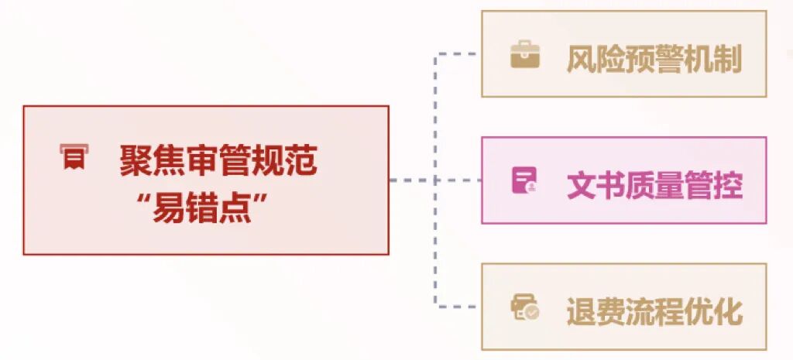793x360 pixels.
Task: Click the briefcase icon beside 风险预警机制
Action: pyautogui.click(x=524, y=56)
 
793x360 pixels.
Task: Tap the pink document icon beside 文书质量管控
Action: pyautogui.click(x=524, y=180)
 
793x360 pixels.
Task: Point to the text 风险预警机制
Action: pyautogui.click(x=654, y=59)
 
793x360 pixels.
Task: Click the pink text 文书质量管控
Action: pyautogui.click(x=654, y=185)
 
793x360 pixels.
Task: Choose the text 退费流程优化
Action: pyautogui.click(x=654, y=310)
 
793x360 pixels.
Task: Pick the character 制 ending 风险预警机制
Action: pyautogui.click(x=728, y=59)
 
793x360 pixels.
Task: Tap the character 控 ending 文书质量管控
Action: pyautogui.click(x=728, y=185)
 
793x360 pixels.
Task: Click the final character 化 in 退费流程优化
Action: pyautogui.click(x=728, y=310)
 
